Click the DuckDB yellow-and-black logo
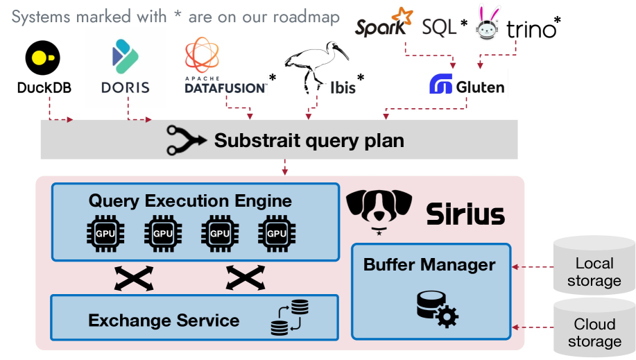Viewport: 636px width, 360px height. [x=43, y=58]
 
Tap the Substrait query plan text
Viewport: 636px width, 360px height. [x=309, y=141]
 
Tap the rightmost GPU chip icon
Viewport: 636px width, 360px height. [x=277, y=234]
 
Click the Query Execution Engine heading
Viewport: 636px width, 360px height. [x=190, y=201]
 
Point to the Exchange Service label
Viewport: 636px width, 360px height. [x=164, y=320]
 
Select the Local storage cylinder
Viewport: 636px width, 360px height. [x=594, y=264]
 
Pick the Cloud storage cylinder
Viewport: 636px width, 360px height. [x=594, y=326]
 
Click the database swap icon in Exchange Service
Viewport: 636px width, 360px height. [x=291, y=317]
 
